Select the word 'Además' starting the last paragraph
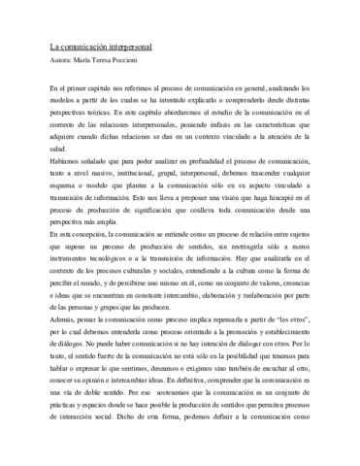tap(59, 368)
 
